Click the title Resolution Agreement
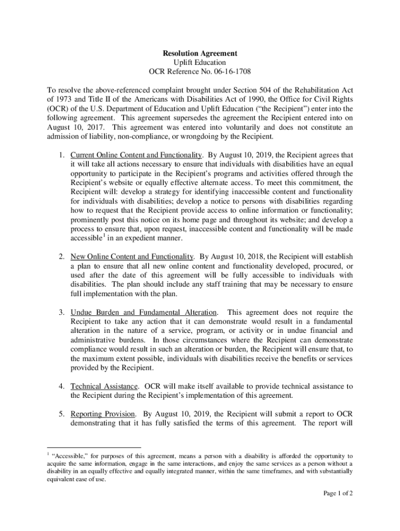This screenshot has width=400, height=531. click(200, 53)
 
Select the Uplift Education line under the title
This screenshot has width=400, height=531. click(200, 62)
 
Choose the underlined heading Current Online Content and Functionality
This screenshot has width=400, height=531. click(136, 155)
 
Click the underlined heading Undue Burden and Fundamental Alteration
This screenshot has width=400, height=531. click(144, 312)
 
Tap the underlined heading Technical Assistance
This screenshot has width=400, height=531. click(104, 386)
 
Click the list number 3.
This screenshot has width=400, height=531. click(61, 312)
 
